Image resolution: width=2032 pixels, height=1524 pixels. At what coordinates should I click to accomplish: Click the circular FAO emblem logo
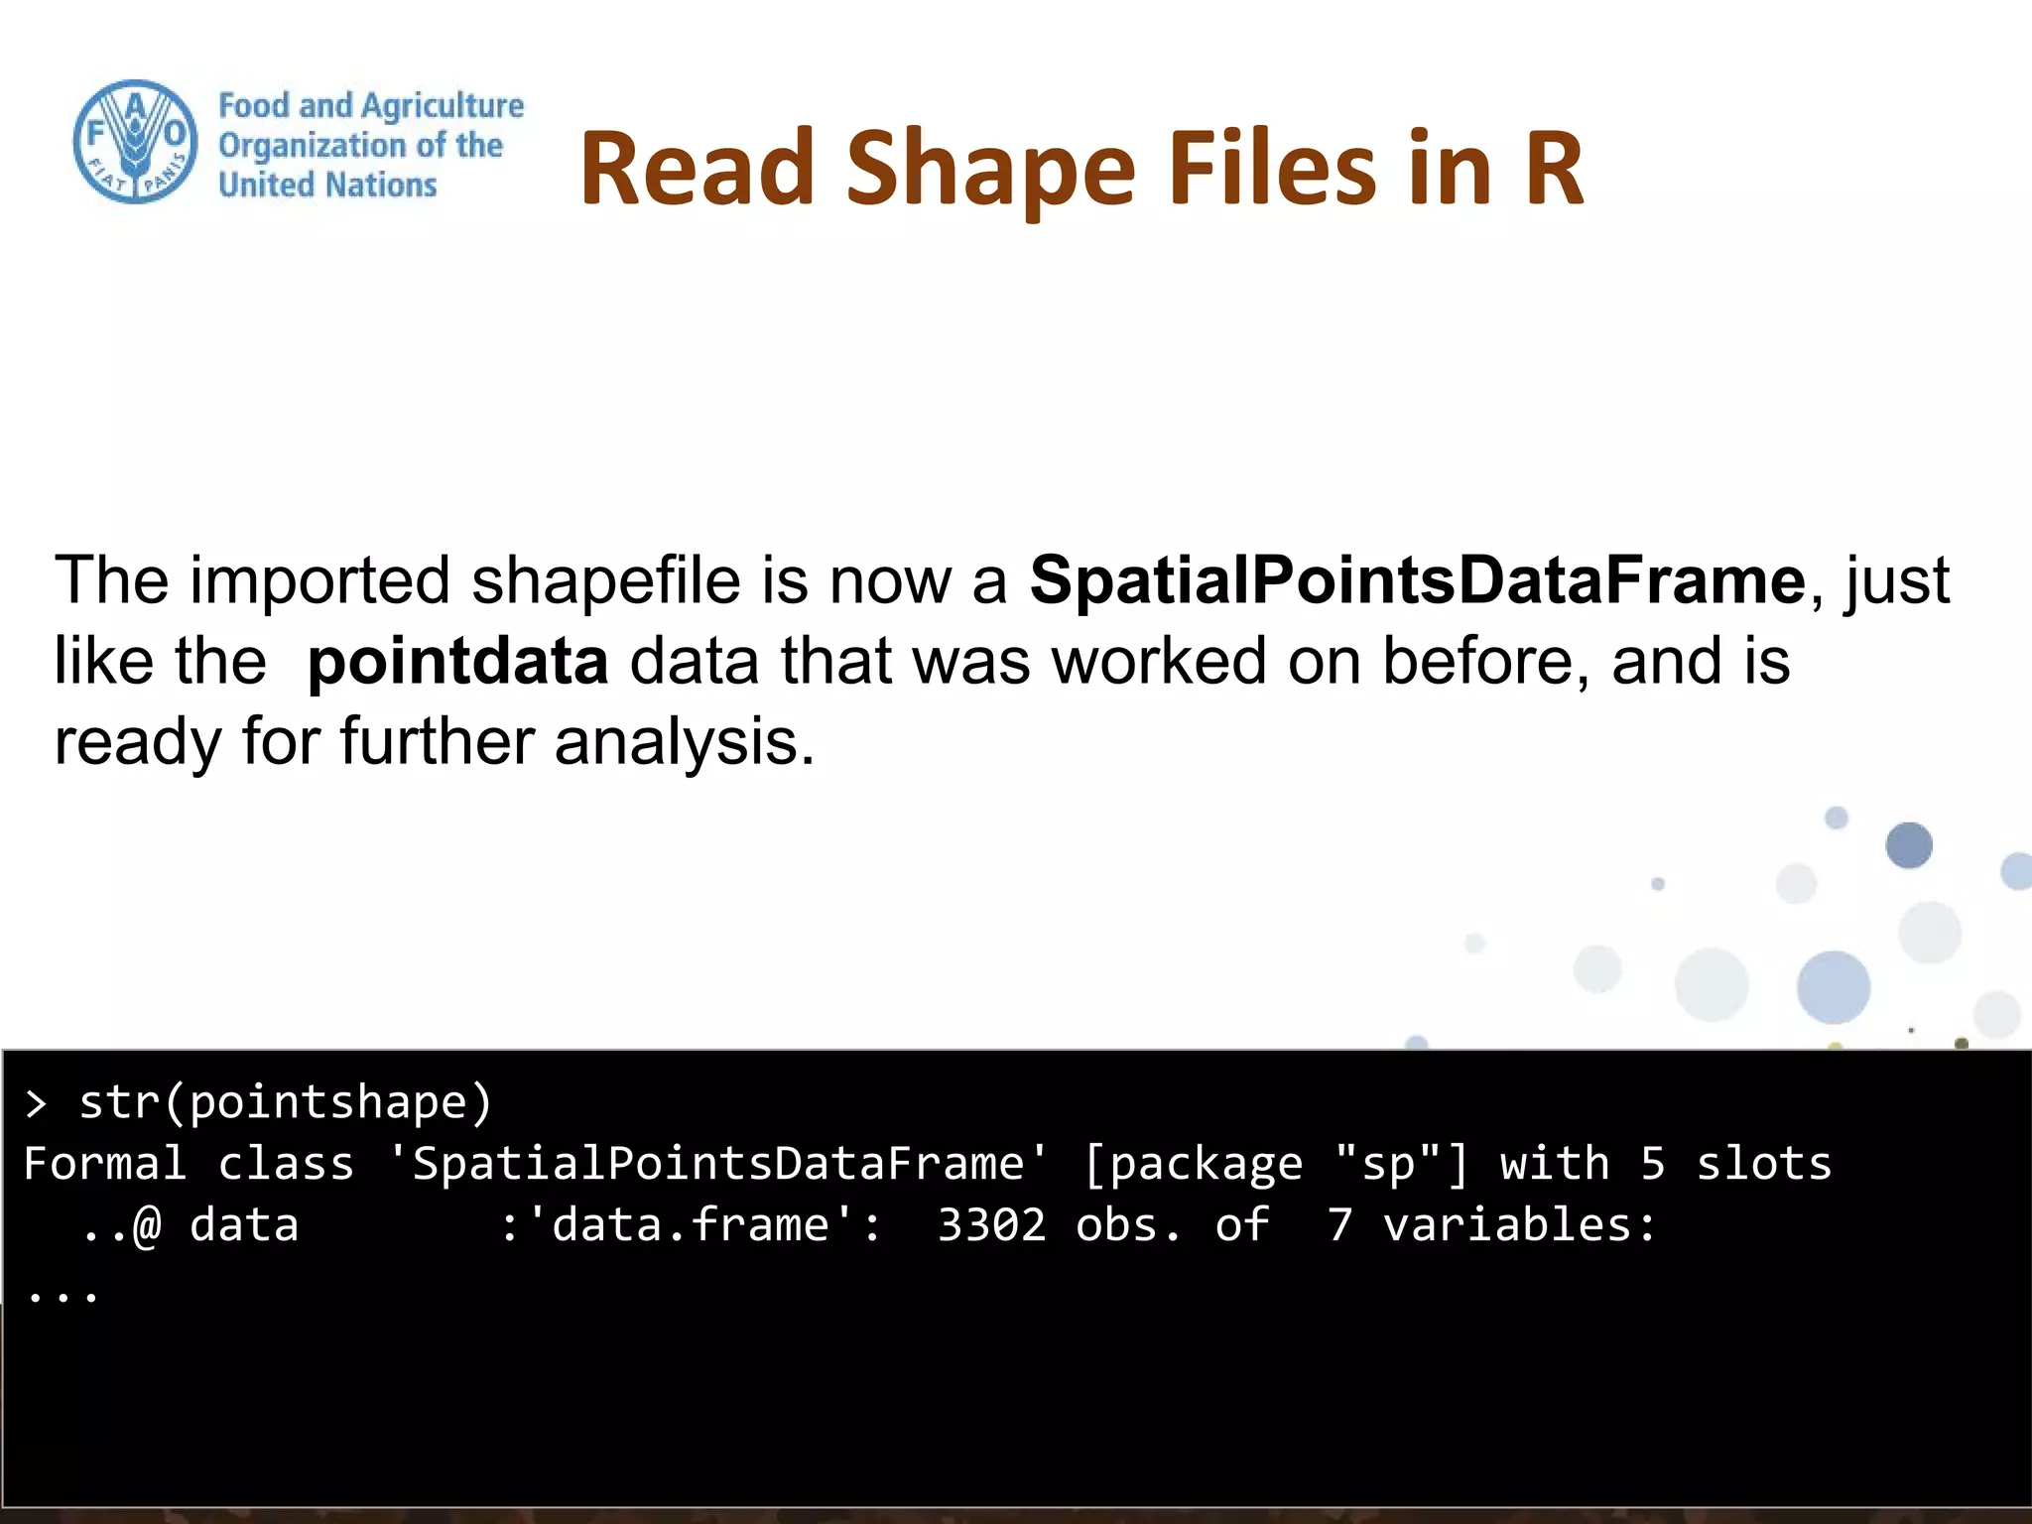(136, 142)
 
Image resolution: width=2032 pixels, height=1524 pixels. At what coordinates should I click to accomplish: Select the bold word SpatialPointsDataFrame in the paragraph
(1417, 580)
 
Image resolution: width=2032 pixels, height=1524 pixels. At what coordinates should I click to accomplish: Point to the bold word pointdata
(457, 662)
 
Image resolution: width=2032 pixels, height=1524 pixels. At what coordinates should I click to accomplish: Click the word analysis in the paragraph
(685, 742)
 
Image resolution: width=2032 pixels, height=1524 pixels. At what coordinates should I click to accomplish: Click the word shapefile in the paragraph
(605, 580)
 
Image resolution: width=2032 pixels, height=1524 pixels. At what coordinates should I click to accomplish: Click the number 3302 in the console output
(991, 1225)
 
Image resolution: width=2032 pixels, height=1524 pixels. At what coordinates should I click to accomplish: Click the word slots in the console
(1763, 1164)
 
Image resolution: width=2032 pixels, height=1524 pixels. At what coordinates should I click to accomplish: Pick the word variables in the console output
(1519, 1225)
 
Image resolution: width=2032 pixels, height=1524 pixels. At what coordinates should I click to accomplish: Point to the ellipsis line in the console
(63, 1293)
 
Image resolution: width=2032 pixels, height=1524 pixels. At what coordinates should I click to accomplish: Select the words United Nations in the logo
(327, 186)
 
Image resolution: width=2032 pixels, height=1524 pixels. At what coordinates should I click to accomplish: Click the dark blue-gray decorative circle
(1908, 845)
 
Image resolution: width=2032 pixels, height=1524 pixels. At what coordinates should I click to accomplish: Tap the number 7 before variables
(1339, 1225)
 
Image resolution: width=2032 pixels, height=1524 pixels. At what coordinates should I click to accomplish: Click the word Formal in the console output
(104, 1164)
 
